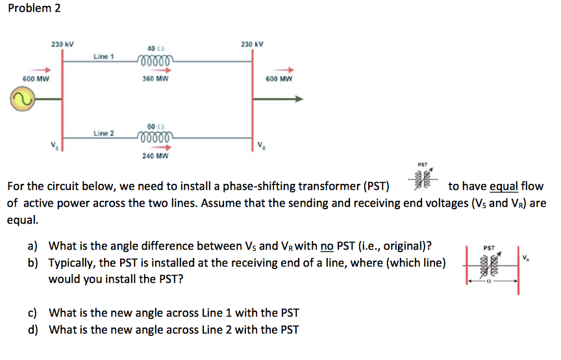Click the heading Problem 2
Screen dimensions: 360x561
tap(33, 10)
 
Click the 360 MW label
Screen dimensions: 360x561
tap(155, 79)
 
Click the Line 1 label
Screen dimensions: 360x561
tap(104, 57)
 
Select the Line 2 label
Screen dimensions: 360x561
tap(104, 133)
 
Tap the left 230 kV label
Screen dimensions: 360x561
tap(62, 44)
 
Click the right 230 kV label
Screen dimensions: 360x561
tap(252, 44)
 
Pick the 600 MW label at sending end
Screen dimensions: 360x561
tap(36, 79)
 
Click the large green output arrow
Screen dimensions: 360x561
tap(279, 99)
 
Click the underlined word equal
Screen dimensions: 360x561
tap(503, 187)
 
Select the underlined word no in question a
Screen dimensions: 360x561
tap(327, 246)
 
